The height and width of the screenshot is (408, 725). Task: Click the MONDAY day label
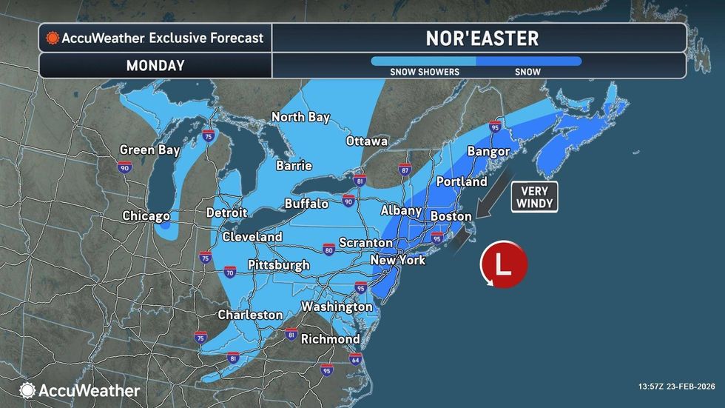coord(155,65)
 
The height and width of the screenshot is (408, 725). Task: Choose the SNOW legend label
coord(528,72)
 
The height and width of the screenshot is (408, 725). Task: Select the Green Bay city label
coord(149,150)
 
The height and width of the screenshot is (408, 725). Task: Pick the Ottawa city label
coord(367,141)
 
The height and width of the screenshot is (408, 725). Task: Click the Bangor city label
coord(488,151)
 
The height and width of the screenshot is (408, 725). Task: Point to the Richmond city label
coord(330,339)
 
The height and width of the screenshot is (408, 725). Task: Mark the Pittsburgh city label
coord(278,264)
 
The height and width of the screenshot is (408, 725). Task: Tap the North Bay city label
coord(300,117)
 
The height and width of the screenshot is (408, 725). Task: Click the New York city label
coord(399,260)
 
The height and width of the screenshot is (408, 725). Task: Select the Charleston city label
coord(250,315)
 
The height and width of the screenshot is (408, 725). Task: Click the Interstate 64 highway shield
coord(355,361)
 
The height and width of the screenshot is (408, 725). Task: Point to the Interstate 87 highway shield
coord(404,170)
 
